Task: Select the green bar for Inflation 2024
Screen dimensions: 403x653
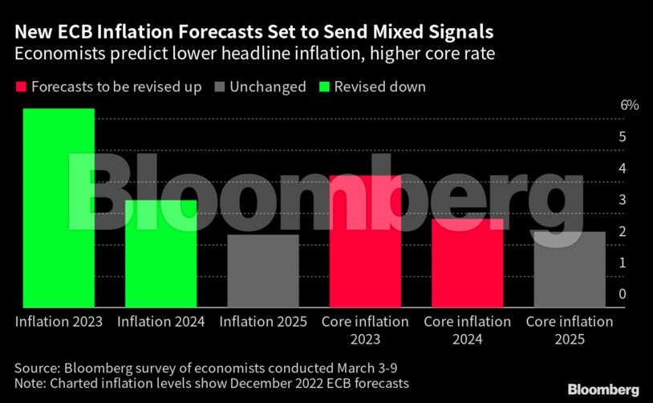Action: point(160,253)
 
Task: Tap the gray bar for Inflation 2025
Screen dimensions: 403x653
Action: point(263,271)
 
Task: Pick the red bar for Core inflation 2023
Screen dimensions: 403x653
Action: point(365,241)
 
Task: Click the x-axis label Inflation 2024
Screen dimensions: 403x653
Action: point(160,322)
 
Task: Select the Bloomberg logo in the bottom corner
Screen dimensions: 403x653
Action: point(603,389)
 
